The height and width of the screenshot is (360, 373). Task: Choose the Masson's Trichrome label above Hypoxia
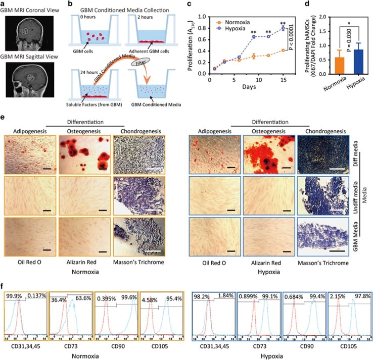(x=324, y=263)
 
